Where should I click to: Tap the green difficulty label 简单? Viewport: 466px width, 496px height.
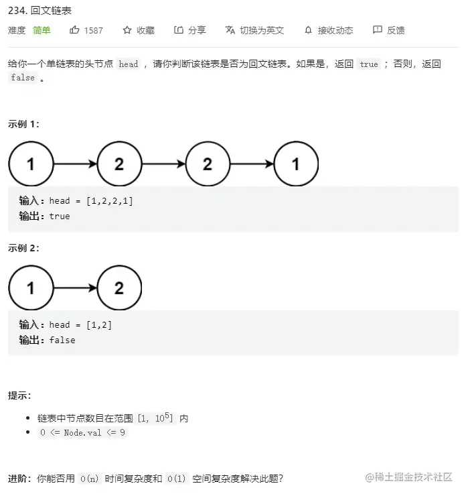[42, 30]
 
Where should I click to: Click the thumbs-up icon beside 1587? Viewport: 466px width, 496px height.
[74, 30]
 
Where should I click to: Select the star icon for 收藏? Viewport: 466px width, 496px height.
[127, 30]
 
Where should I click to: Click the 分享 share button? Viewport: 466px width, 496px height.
[190, 30]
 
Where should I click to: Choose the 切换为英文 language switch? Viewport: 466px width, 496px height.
[255, 30]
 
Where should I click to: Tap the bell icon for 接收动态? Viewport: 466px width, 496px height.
[308, 30]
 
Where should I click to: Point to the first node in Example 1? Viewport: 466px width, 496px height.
[31, 164]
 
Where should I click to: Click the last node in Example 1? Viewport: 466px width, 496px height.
[296, 164]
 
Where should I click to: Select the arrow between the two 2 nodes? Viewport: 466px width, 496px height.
[163, 164]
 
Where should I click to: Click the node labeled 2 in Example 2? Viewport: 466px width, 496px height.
[119, 288]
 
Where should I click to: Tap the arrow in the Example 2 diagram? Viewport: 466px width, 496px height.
[75, 288]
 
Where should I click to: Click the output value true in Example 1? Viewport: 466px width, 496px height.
[60, 216]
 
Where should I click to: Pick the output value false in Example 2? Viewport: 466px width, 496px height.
[62, 340]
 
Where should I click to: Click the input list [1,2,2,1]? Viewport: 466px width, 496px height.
[110, 201]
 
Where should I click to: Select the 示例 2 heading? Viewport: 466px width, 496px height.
[24, 248]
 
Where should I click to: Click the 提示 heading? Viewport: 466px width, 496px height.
[19, 396]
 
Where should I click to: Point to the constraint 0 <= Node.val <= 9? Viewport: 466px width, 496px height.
[82, 433]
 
